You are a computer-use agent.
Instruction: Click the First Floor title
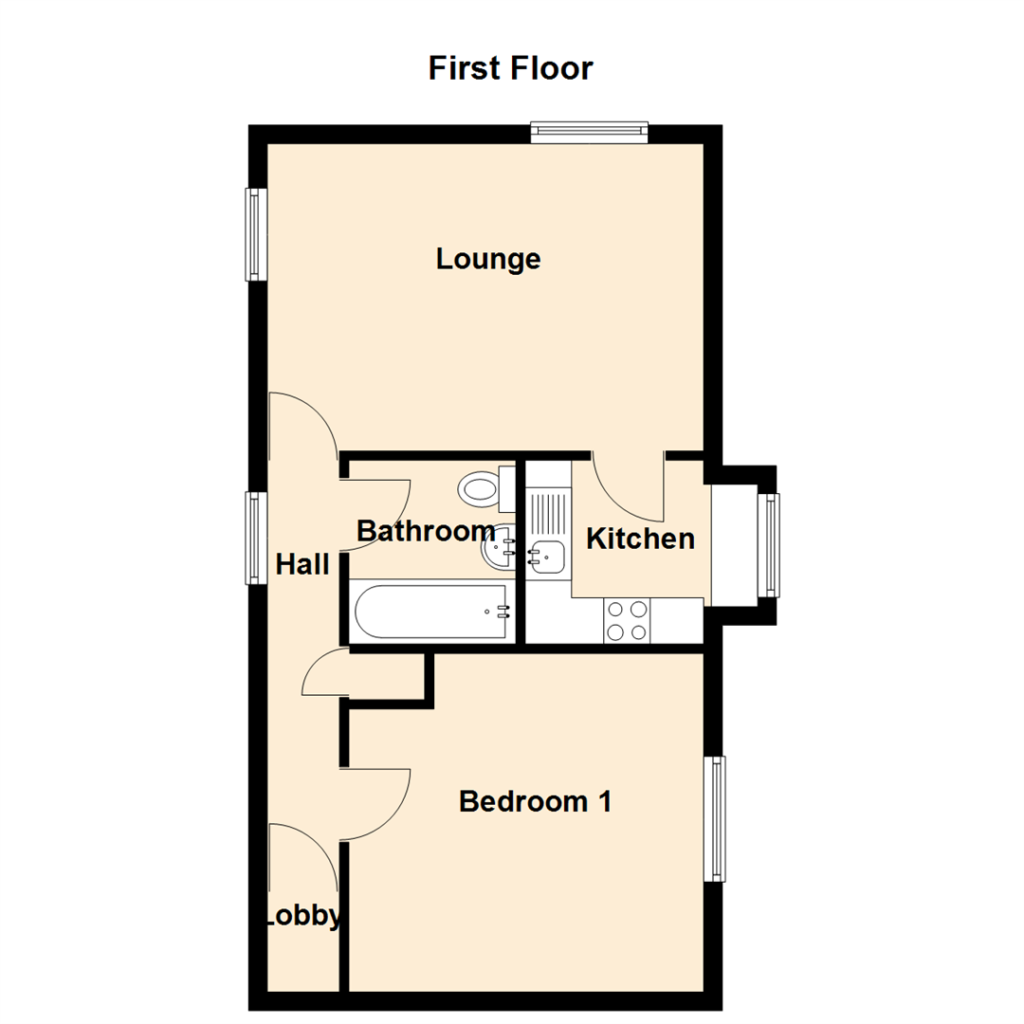pyautogui.click(x=510, y=68)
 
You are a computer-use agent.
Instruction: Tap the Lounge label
pyautogui.click(x=488, y=258)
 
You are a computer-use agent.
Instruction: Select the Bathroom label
pyautogui.click(x=426, y=531)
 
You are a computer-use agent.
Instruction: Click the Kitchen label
pyautogui.click(x=640, y=539)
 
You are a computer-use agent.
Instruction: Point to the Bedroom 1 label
pyautogui.click(x=535, y=802)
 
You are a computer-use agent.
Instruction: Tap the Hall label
pyautogui.click(x=302, y=565)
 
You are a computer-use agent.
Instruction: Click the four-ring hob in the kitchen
pyautogui.click(x=626, y=620)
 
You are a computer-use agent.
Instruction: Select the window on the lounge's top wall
pyautogui.click(x=589, y=132)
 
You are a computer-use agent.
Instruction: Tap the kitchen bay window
pyautogui.click(x=771, y=544)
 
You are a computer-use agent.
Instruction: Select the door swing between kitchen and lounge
pyautogui.click(x=625, y=484)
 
